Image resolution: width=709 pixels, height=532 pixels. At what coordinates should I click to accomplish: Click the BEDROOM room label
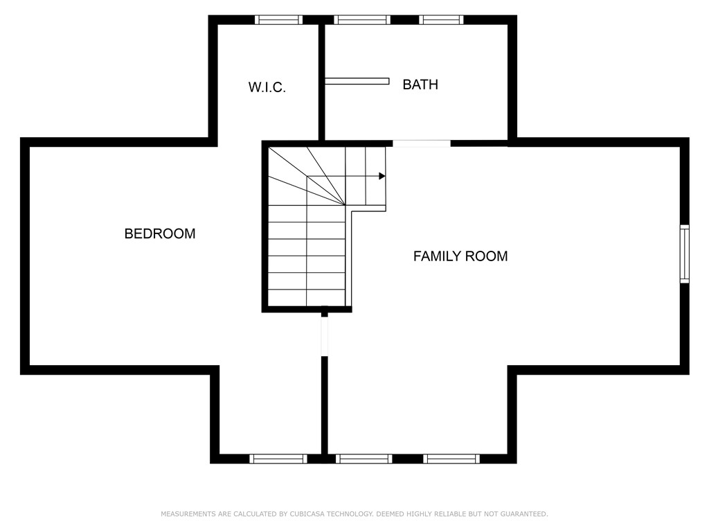pyautogui.click(x=160, y=234)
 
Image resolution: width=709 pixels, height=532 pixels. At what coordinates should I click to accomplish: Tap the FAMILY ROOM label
pyautogui.click(x=460, y=256)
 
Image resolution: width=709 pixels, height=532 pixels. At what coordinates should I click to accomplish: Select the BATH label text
pyautogui.click(x=420, y=85)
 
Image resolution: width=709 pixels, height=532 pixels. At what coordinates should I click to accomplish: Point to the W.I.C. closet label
pyautogui.click(x=267, y=88)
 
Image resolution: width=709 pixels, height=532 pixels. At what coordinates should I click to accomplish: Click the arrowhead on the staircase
pyautogui.click(x=382, y=176)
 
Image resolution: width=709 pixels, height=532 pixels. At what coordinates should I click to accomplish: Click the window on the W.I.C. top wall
pyautogui.click(x=278, y=19)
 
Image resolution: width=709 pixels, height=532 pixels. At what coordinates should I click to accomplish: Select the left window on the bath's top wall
pyautogui.click(x=361, y=19)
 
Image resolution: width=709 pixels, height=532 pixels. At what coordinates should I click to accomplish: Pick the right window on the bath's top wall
pyautogui.click(x=441, y=19)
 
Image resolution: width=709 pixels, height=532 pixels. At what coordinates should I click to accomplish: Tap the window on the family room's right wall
pyautogui.click(x=685, y=254)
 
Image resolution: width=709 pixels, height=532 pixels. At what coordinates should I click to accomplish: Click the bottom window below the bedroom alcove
pyautogui.click(x=278, y=459)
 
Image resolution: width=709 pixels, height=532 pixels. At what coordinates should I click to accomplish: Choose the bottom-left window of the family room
pyautogui.click(x=364, y=459)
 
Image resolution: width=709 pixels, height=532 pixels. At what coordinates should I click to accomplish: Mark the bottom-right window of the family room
pyautogui.click(x=451, y=459)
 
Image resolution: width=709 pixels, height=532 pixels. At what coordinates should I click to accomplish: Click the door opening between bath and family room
pyautogui.click(x=422, y=143)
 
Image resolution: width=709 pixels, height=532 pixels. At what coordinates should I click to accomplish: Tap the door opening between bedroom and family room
pyautogui.click(x=324, y=337)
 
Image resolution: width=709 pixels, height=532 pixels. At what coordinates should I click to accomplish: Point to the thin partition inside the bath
pyautogui.click(x=357, y=81)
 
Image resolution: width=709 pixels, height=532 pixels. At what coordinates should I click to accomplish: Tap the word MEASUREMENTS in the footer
pyautogui.click(x=187, y=514)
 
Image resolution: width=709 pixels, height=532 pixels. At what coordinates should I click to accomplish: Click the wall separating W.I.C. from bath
pyautogui.click(x=322, y=80)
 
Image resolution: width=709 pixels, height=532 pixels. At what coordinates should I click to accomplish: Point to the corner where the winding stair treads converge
pyautogui.click(x=345, y=205)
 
